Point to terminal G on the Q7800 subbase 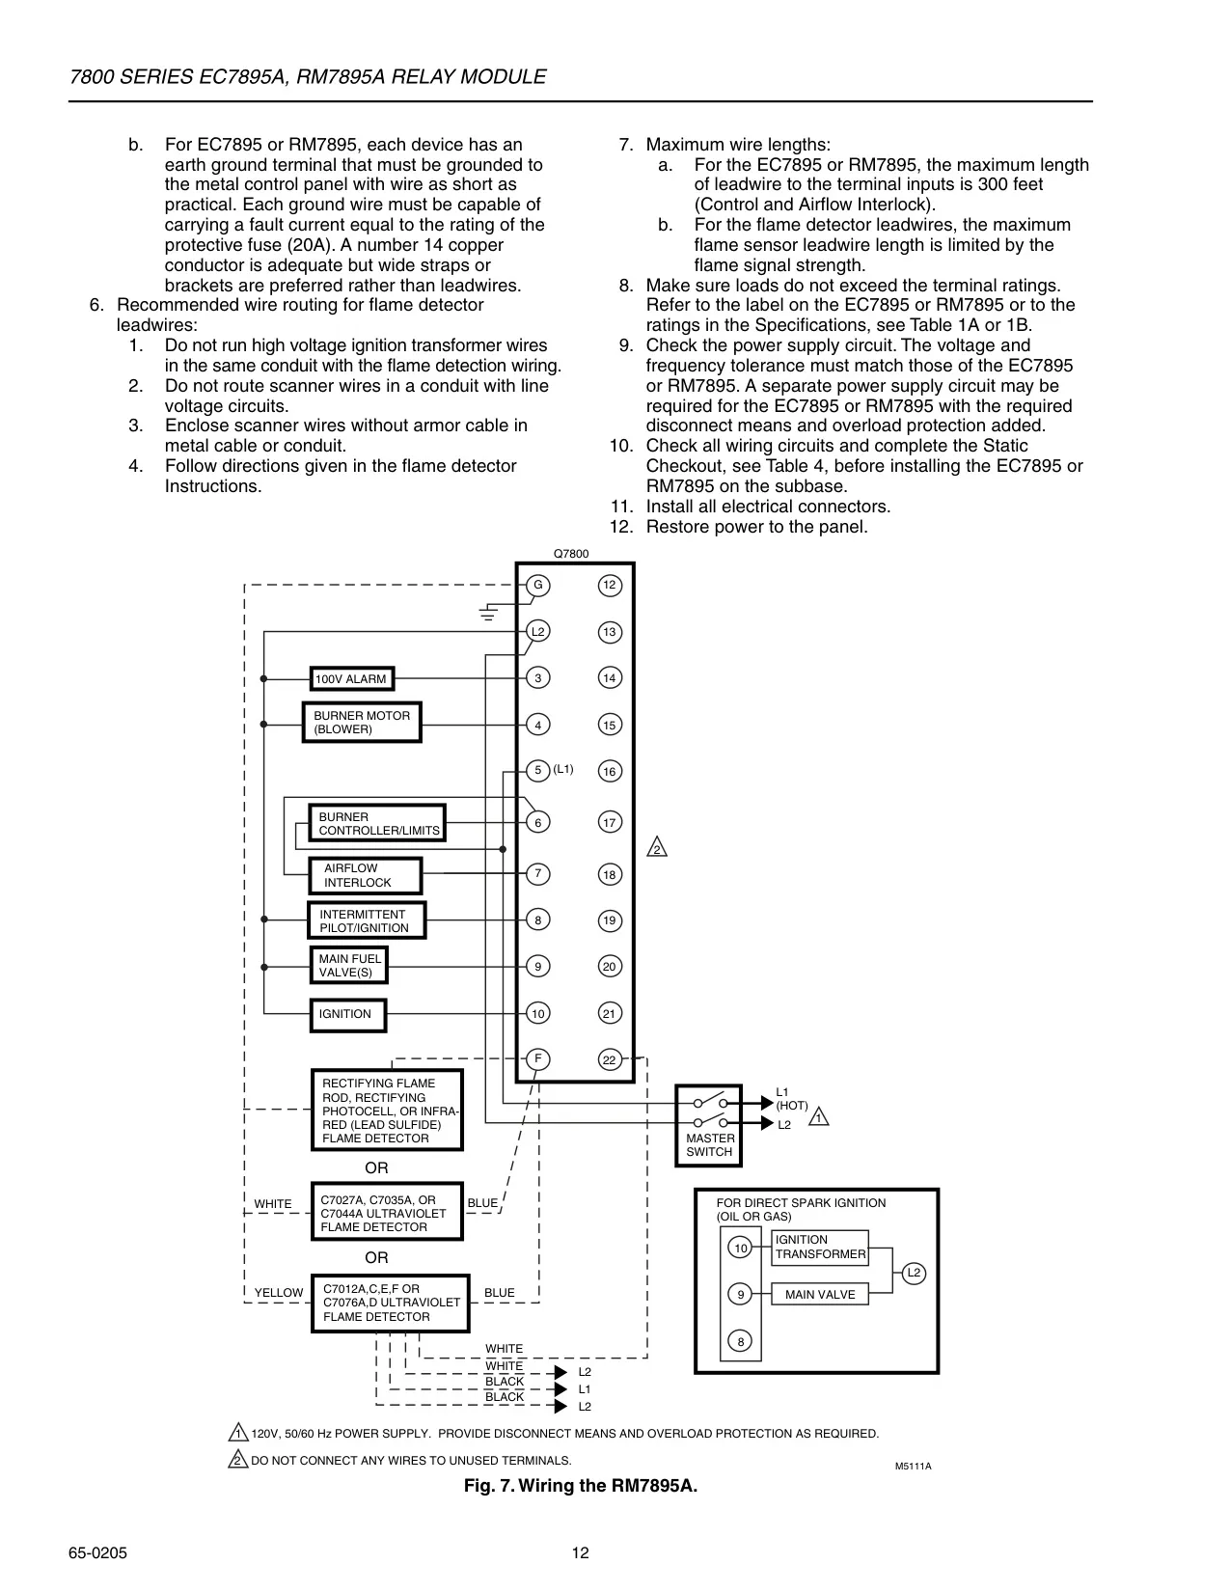point(538,585)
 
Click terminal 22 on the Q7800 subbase point(610,1059)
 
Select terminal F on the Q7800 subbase point(538,1058)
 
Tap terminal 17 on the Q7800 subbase point(610,822)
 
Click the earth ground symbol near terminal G point(489,613)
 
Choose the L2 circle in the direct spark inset point(914,1273)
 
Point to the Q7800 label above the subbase point(571,554)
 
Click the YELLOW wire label point(279,1292)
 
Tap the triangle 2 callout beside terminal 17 point(657,847)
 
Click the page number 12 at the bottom point(580,1552)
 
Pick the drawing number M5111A point(913,1466)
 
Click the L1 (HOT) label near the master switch point(792,1099)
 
